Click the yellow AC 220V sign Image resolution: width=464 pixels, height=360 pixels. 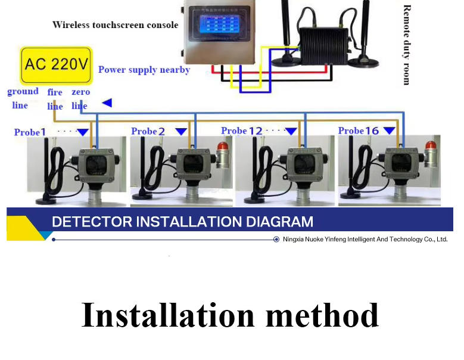[x=56, y=64]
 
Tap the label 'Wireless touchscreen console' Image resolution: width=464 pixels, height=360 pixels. [x=115, y=25]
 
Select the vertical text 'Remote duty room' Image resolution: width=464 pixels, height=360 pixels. [x=407, y=45]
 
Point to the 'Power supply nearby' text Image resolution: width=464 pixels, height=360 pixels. [x=144, y=70]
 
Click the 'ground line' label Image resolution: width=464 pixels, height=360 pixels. [x=22, y=98]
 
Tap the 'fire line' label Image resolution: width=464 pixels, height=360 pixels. [x=55, y=99]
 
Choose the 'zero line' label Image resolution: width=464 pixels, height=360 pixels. [x=80, y=99]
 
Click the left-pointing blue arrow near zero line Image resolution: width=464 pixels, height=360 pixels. [x=107, y=103]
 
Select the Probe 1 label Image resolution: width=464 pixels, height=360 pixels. [x=30, y=132]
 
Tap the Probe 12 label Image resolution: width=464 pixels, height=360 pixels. [x=241, y=131]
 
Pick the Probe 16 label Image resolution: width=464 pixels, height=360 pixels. [x=359, y=131]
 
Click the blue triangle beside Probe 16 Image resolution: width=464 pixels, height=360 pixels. [x=389, y=131]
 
